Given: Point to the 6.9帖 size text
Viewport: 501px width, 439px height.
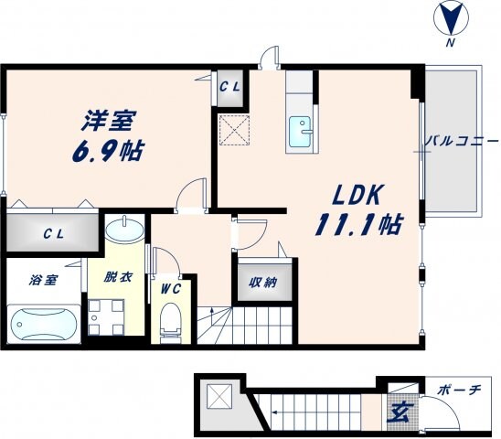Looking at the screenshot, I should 108,151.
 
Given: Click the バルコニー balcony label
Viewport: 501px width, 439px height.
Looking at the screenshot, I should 461,143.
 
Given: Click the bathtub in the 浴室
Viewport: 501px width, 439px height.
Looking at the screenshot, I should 43,323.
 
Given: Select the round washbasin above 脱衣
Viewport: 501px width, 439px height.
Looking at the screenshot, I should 123,229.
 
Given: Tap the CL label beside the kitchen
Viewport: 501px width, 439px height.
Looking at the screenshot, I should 229,87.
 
